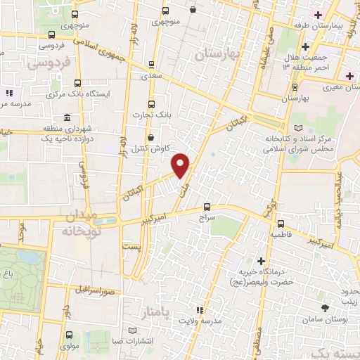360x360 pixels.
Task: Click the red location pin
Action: pyautogui.click(x=181, y=165)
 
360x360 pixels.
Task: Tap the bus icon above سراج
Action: pyautogui.click(x=206, y=207)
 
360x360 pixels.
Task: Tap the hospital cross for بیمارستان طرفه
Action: pyautogui.click(x=318, y=15)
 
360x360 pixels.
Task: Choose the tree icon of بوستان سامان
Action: pyautogui.click(x=324, y=309)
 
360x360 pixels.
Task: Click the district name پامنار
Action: pyautogui.click(x=156, y=311)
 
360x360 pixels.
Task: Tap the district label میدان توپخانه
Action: pyautogui.click(x=82, y=221)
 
